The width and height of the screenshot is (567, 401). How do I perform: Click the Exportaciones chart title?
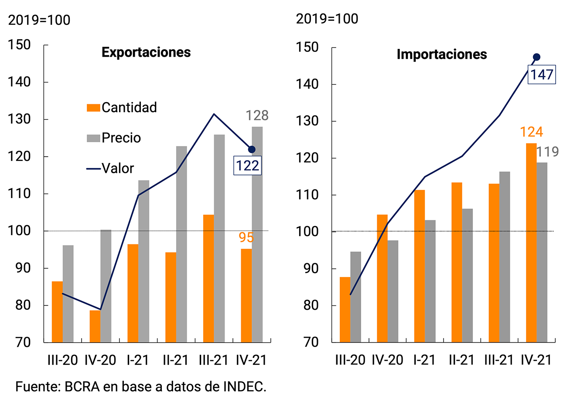[x=146, y=52]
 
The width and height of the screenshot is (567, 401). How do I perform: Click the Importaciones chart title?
[x=441, y=55]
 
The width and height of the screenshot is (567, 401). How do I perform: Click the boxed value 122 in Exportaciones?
[x=248, y=166]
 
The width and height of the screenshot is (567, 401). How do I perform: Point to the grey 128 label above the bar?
[x=257, y=116]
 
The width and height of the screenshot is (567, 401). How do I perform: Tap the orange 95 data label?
[x=246, y=237]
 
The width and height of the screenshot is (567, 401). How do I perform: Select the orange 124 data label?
[x=531, y=132]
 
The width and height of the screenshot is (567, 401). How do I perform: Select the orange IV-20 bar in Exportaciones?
[x=95, y=326]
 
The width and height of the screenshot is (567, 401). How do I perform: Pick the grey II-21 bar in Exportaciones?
[x=181, y=244]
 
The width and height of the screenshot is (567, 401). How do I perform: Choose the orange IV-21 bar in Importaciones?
[x=531, y=242]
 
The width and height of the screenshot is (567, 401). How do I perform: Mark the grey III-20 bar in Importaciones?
[x=356, y=297]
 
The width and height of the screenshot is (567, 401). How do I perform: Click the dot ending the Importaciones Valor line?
[x=536, y=57]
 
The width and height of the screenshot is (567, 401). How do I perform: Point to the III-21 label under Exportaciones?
[x=214, y=360]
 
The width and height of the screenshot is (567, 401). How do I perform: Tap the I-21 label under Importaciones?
[x=425, y=360]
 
